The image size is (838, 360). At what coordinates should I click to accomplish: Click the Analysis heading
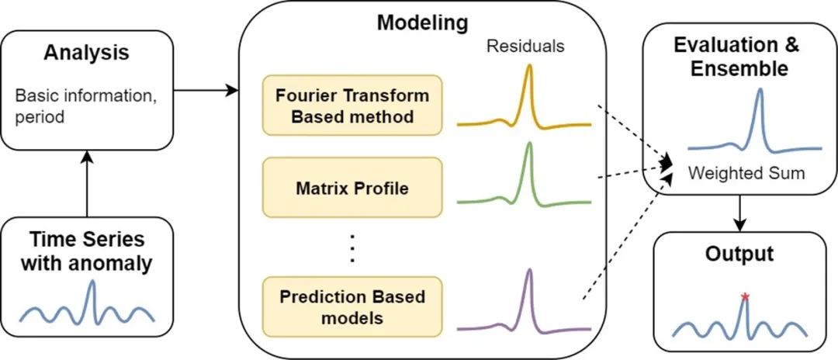click(x=86, y=54)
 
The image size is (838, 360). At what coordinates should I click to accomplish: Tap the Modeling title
click(x=422, y=22)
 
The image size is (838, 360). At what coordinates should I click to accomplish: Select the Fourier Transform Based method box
click(x=352, y=105)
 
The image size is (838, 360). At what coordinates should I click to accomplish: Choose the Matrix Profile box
click(x=352, y=187)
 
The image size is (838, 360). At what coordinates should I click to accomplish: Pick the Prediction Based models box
click(x=352, y=306)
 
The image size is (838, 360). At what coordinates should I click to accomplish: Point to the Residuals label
click(x=525, y=47)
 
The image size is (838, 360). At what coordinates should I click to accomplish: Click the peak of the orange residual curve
click(x=529, y=67)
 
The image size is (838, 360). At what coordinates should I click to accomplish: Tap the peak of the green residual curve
click(x=528, y=144)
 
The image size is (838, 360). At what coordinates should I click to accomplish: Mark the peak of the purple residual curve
click(x=529, y=271)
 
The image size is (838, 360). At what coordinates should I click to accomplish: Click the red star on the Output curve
click(x=745, y=296)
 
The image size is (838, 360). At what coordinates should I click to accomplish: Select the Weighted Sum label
click(x=746, y=173)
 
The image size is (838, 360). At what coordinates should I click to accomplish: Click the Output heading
click(x=739, y=254)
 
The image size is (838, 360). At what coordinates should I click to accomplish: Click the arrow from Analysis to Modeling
click(x=205, y=92)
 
